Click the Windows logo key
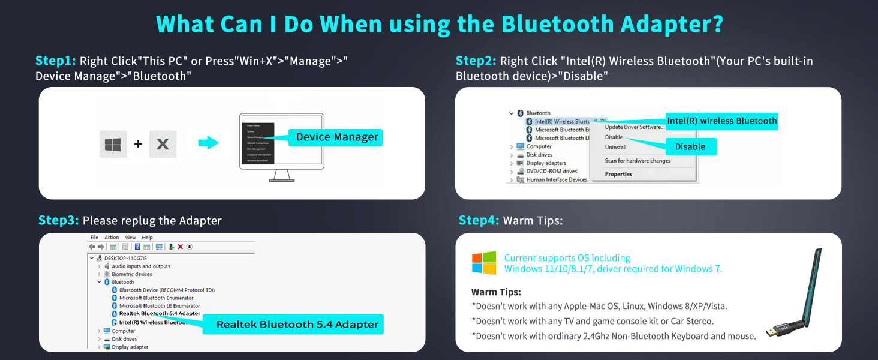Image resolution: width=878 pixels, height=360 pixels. (113, 145)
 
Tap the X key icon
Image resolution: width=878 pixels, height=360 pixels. (163, 145)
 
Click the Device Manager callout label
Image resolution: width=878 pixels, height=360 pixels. (336, 137)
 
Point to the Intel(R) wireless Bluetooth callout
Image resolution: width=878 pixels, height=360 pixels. (721, 121)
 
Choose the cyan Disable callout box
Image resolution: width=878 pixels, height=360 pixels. (690, 146)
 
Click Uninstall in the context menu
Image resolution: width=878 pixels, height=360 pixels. (615, 147)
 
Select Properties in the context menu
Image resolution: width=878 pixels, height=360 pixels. (618, 174)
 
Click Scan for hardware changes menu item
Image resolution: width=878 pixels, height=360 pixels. (638, 161)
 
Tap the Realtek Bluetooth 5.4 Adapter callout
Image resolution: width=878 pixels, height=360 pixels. (297, 325)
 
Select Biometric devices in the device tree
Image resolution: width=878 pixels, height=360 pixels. (131, 274)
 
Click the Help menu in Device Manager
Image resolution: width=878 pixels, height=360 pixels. (147, 238)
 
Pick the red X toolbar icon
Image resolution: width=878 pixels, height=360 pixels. (180, 247)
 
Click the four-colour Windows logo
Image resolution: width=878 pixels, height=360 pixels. (484, 263)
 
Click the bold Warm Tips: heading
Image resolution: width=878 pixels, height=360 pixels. (496, 292)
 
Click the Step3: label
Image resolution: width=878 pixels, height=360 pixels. (58, 220)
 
